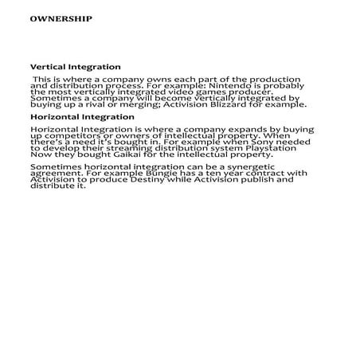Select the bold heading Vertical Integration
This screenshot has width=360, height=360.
pyautogui.click(x=76, y=67)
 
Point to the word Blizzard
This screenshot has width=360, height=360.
pyautogui.click(x=246, y=104)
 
